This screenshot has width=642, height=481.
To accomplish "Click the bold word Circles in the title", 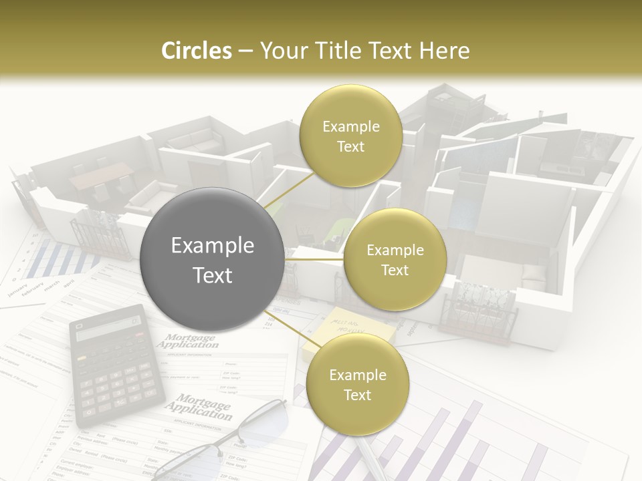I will click(x=197, y=51).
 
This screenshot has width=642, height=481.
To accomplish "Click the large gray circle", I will click(x=212, y=259).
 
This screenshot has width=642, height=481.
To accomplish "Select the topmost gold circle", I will click(x=350, y=136).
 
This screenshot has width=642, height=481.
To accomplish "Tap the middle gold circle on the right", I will click(x=395, y=259).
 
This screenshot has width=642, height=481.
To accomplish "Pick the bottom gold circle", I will click(x=357, y=384).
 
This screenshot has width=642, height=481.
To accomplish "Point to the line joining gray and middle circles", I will click(x=314, y=259).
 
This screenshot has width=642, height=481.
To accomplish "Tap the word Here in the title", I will click(x=445, y=51).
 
